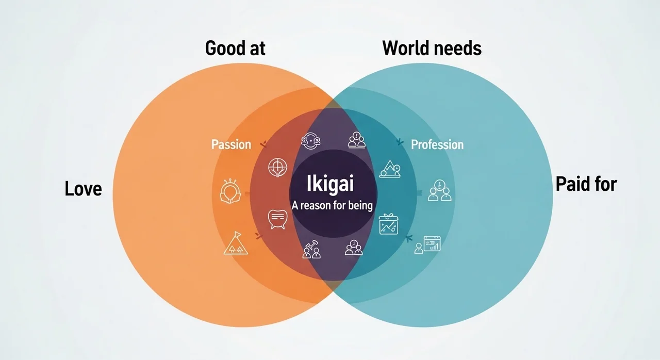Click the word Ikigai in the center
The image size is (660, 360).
coord(331,184)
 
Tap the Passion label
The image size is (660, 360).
coord(231,144)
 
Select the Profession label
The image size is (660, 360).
coord(437,144)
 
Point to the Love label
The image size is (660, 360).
coord(84,189)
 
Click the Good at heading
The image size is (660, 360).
coord(235,48)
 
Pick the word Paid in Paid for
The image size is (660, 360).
coord(571,184)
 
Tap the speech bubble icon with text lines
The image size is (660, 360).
coord(277,219)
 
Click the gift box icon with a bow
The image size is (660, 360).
coord(388,224)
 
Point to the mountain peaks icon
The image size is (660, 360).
coord(390,169)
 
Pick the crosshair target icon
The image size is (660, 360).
coord(277,167)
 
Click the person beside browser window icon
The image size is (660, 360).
coord(427,244)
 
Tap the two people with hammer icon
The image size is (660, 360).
coord(311,250)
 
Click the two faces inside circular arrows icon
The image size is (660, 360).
coord(311,140)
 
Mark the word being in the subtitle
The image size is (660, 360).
coord(359,205)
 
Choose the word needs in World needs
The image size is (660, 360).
coord(457,48)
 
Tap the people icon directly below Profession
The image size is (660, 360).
coord(439,190)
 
